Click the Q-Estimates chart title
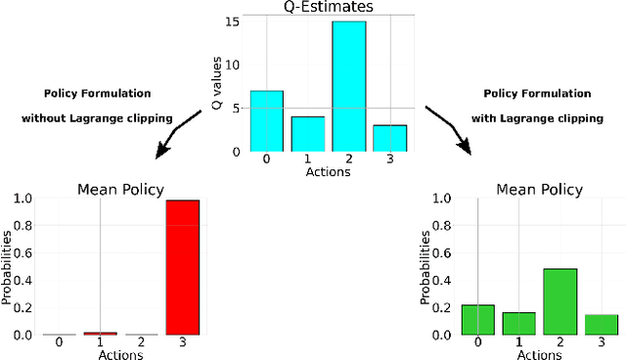point(322,8)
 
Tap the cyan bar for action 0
point(266,120)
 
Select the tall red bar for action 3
point(182,267)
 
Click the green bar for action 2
point(559,301)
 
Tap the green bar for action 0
point(477,319)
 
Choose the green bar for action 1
point(517,323)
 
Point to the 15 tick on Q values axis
point(231,22)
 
